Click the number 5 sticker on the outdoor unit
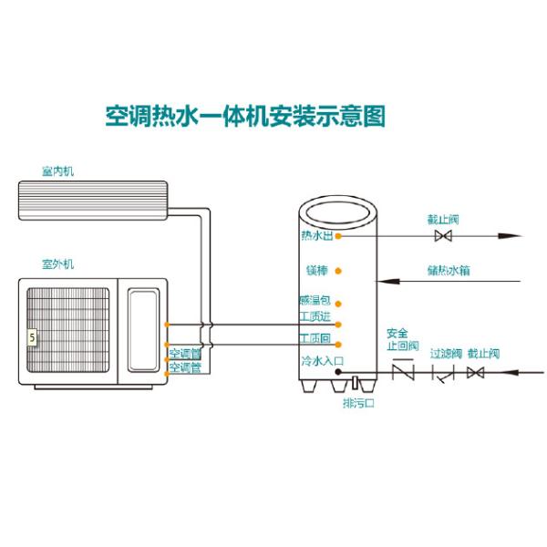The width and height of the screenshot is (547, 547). (x=33, y=336)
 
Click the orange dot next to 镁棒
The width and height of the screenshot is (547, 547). (x=338, y=271)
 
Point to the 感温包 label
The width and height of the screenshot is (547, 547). (x=315, y=301)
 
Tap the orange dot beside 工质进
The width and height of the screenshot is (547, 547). (x=338, y=324)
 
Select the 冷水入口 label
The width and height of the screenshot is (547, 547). (x=321, y=362)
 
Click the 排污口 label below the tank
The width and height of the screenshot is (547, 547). (x=356, y=402)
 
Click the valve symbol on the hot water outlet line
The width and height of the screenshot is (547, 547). (x=443, y=236)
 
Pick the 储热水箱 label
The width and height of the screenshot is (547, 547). (x=448, y=270)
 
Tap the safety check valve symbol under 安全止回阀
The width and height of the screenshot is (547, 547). (x=402, y=372)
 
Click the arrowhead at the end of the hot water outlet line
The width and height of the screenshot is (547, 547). (x=516, y=236)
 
